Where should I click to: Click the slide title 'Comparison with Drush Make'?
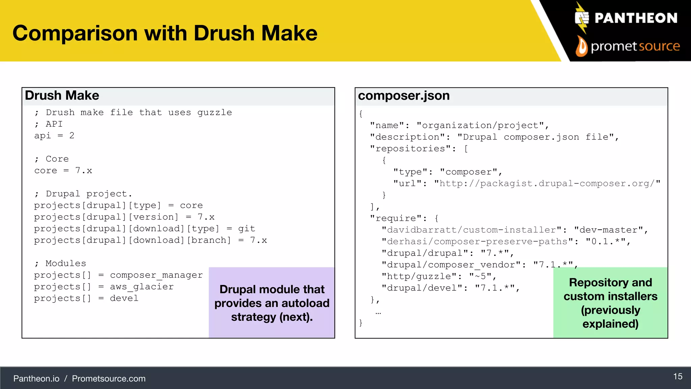(165, 33)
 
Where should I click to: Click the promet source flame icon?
(581, 46)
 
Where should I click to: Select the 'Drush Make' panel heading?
(62, 96)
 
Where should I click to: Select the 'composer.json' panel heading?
(404, 96)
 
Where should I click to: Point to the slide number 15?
(678, 377)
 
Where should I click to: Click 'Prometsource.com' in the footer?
(109, 379)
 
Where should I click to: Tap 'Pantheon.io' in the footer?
(36, 379)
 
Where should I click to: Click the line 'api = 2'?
(54, 136)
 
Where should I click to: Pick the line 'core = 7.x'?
(63, 171)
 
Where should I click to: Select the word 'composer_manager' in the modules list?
(156, 275)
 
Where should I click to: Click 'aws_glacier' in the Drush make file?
(142, 287)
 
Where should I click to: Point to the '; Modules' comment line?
(60, 263)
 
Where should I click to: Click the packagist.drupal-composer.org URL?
(547, 183)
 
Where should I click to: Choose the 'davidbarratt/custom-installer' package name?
(472, 230)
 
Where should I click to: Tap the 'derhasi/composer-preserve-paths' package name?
(477, 241)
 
